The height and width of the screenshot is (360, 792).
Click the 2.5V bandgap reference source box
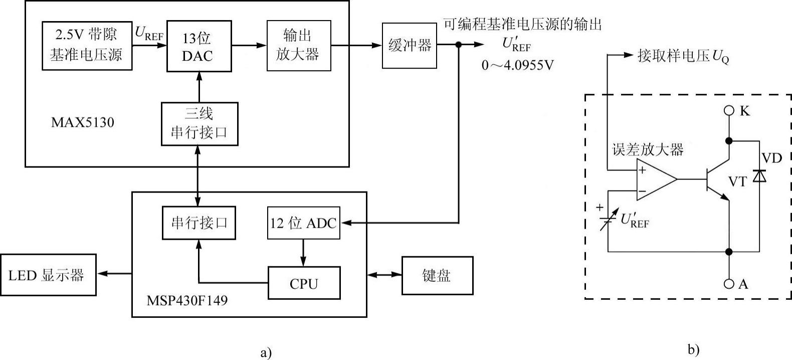pyautogui.click(x=87, y=45)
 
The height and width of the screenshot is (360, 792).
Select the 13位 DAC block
pyautogui.click(x=199, y=46)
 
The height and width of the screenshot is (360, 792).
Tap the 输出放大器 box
pyautogui.click(x=299, y=45)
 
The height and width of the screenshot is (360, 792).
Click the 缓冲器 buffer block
pyautogui.click(x=409, y=46)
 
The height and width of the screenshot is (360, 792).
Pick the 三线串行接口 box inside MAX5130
pyautogui.click(x=200, y=124)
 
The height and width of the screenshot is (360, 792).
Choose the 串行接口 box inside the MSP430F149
pyautogui.click(x=199, y=223)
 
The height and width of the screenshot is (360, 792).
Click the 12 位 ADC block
pyautogui.click(x=303, y=223)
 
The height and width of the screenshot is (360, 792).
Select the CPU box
pyautogui.click(x=304, y=283)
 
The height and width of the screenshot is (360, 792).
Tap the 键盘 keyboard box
pyautogui.click(x=437, y=275)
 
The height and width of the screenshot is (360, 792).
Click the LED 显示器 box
pyautogui.click(x=48, y=275)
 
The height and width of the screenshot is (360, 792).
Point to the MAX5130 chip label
pyautogui.click(x=83, y=122)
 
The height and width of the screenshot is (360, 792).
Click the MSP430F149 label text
pyautogui.click(x=187, y=301)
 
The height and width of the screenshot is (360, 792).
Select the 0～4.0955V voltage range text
pyautogui.click(x=518, y=65)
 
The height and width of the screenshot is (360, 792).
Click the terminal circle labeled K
pyautogui.click(x=729, y=110)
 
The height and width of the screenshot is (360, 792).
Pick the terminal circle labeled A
pyautogui.click(x=729, y=284)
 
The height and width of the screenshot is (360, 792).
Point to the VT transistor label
pyautogui.click(x=737, y=182)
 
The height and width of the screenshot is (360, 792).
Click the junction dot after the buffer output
pyautogui.click(x=458, y=45)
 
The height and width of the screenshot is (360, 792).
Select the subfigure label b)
pyautogui.click(x=693, y=350)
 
